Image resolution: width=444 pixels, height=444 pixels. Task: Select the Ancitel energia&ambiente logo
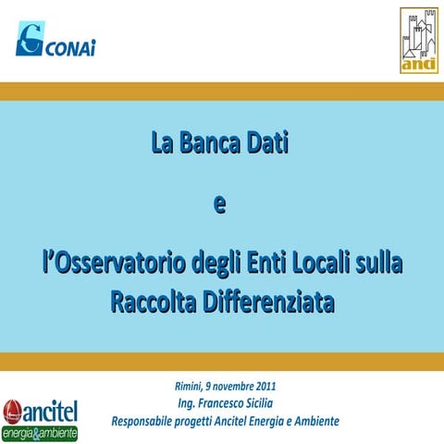point(40,418)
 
